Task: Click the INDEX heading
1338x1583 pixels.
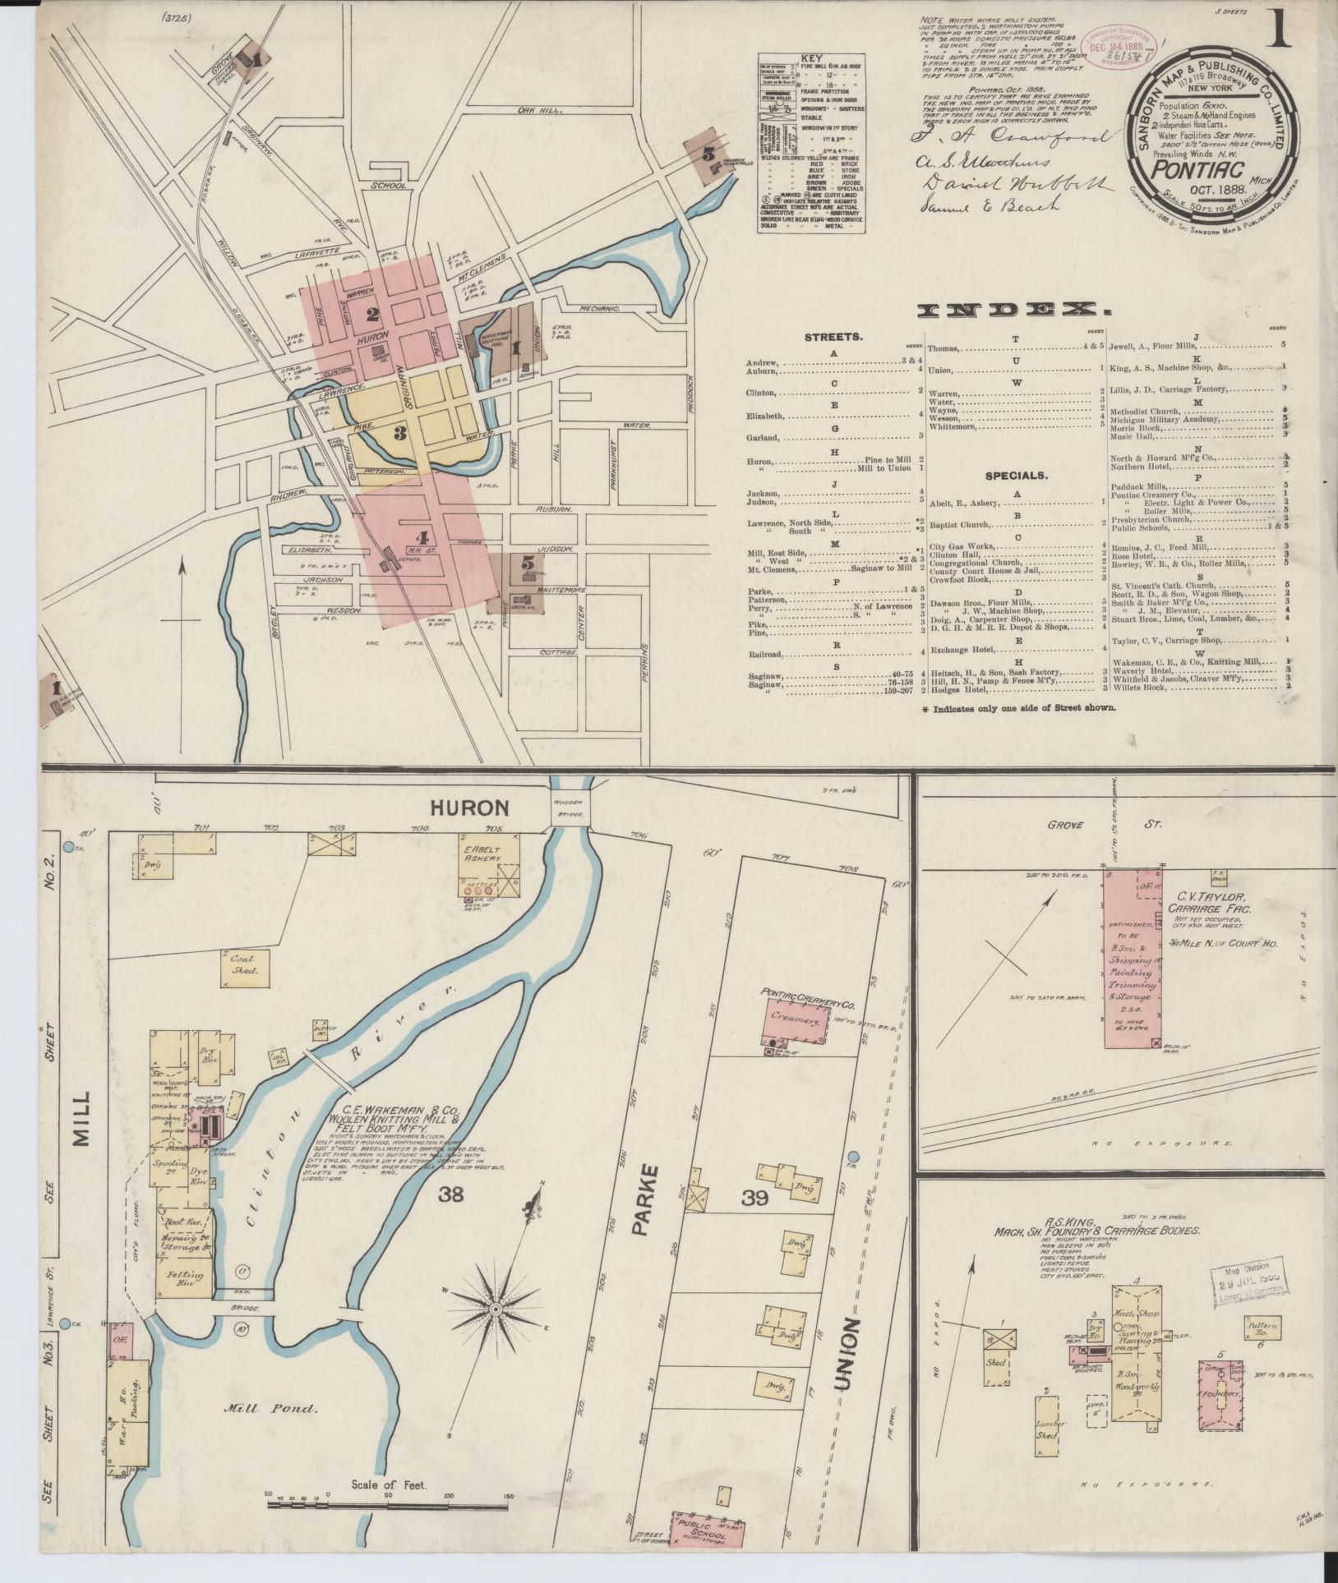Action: coord(1013,310)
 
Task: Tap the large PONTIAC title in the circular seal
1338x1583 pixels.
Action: coord(1188,169)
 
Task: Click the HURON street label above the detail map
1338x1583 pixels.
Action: coord(479,808)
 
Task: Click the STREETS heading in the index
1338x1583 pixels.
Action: coord(833,337)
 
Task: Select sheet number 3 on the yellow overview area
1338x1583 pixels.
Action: coord(400,432)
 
